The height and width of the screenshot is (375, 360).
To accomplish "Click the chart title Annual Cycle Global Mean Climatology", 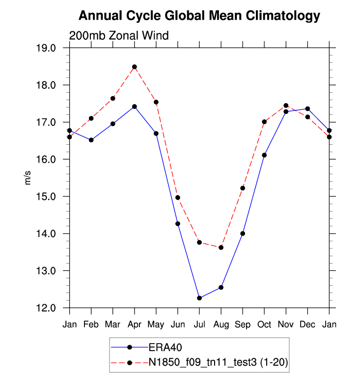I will click(x=199, y=16).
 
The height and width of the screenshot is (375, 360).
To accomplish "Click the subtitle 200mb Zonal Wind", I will click(x=119, y=35).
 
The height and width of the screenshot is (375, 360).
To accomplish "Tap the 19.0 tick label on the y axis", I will click(x=51, y=48).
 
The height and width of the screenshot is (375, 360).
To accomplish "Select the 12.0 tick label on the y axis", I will click(x=51, y=308).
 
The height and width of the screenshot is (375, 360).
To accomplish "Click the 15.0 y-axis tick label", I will click(x=51, y=196).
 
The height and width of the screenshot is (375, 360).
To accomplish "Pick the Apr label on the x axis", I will click(x=135, y=324).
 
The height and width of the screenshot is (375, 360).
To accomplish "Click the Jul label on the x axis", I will click(x=199, y=324).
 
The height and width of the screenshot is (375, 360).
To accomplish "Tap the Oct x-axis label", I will click(x=264, y=324).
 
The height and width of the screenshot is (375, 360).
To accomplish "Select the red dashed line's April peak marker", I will click(x=135, y=67).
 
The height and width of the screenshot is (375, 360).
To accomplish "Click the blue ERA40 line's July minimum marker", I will click(x=199, y=298).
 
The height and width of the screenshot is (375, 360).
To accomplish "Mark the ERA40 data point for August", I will click(x=221, y=287).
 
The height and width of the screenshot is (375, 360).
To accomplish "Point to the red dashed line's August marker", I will click(x=221, y=247).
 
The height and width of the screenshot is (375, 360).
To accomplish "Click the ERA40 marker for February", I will click(x=91, y=140).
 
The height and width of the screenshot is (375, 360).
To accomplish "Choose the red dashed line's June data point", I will click(x=178, y=197).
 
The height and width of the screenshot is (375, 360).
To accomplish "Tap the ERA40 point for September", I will click(x=243, y=233).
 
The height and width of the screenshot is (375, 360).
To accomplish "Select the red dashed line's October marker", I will click(x=264, y=122).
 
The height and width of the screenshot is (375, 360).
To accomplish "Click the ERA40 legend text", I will click(x=165, y=348).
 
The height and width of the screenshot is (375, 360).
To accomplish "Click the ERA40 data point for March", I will click(x=113, y=124).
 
